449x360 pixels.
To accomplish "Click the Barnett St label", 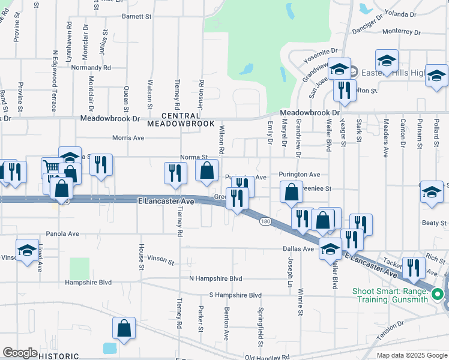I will (136, 17).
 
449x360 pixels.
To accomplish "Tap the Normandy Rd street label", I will (91, 68).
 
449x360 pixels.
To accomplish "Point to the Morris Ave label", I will (128, 137).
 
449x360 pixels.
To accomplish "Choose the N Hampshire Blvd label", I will (215, 278).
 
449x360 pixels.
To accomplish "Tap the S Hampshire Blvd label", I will (235, 295).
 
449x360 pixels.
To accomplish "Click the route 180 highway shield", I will (264, 221).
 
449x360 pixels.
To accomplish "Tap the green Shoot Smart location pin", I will (438, 294).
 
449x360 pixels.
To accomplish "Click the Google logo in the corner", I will (20, 352).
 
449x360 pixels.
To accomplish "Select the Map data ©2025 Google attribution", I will (411, 355).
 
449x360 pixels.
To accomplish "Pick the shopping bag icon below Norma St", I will (206, 170).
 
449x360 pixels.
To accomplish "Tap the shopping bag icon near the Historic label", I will (124, 328).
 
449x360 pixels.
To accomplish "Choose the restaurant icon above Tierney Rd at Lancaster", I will (175, 173).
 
